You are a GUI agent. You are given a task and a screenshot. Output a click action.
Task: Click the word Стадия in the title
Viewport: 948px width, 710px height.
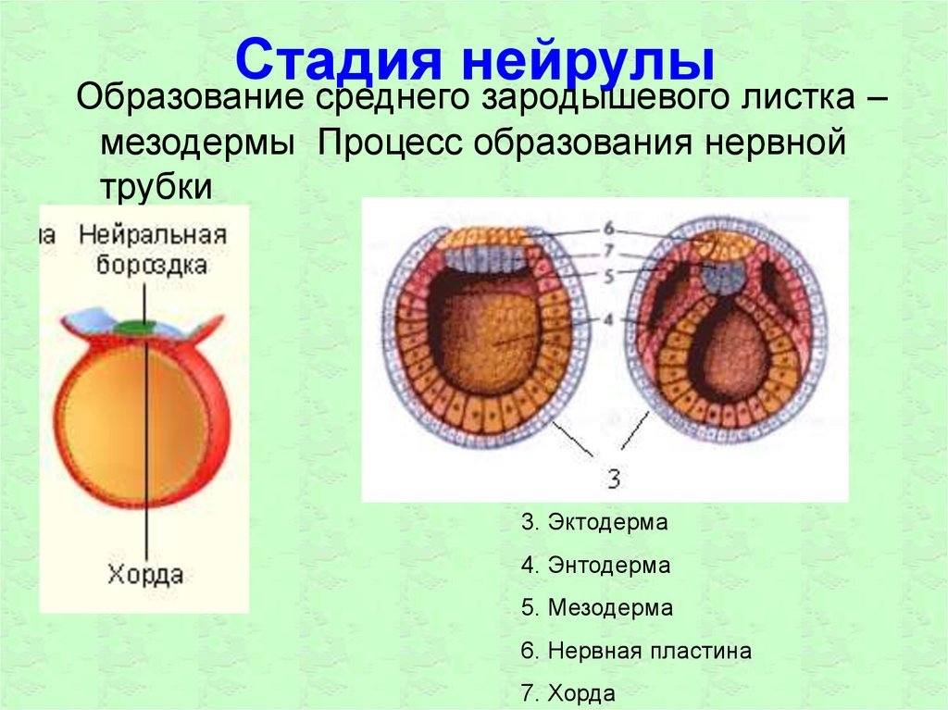(339, 60)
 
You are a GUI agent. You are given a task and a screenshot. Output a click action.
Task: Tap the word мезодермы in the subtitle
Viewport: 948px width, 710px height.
(198, 143)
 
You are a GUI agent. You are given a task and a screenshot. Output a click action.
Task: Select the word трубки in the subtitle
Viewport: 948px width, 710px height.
(156, 186)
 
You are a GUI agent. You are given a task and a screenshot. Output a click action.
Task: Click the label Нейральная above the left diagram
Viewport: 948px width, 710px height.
(153, 234)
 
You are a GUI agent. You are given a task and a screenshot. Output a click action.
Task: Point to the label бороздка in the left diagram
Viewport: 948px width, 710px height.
(152, 265)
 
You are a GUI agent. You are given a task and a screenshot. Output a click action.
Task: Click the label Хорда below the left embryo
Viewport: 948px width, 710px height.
(145, 574)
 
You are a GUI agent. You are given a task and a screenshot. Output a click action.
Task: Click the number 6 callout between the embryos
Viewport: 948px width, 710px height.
(608, 229)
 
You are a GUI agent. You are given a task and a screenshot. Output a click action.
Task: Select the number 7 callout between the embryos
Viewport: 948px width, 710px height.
(608, 250)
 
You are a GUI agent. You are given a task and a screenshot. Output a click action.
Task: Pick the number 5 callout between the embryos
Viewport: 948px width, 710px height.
(608, 276)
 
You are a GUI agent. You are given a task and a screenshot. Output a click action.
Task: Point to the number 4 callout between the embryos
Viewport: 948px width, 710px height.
(608, 319)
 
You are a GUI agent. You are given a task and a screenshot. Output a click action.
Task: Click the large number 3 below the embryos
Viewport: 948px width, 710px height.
(614, 479)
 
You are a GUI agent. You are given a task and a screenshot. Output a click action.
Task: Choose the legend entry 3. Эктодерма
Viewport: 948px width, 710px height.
(594, 522)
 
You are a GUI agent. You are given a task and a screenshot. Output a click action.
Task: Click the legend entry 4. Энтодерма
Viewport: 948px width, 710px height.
(595, 565)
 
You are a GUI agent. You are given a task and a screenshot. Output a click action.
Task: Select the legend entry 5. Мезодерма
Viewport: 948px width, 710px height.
(597, 608)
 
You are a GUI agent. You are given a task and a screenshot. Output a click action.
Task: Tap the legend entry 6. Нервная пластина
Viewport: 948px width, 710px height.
(636, 651)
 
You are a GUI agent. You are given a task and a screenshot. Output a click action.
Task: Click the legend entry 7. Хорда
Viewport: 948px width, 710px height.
(568, 693)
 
